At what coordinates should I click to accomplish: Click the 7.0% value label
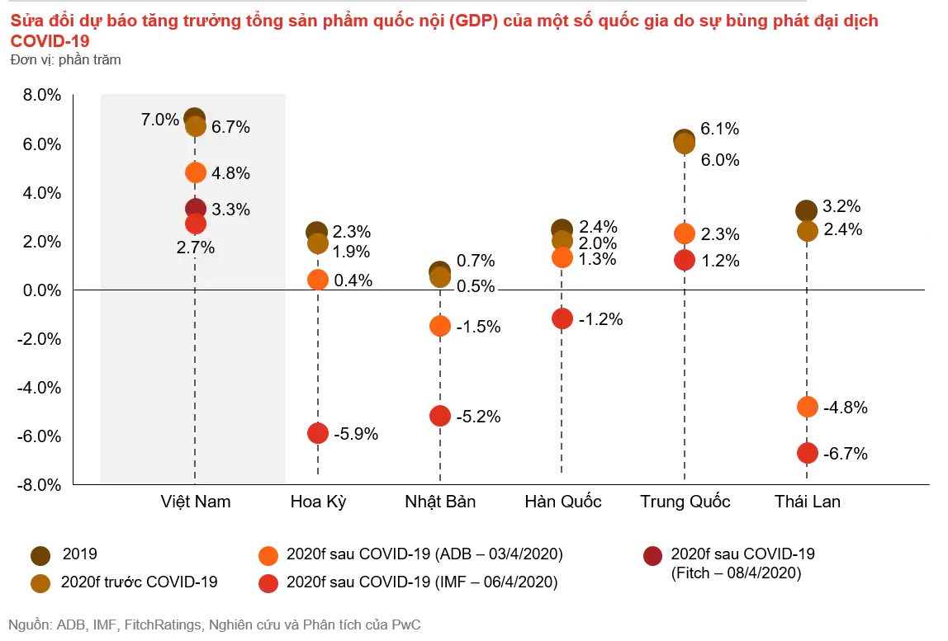click(159, 120)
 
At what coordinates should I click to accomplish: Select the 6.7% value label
click(230, 127)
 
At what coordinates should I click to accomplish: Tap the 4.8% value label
click(230, 173)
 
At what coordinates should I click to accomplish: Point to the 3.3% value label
click(230, 210)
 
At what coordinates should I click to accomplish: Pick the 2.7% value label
click(196, 247)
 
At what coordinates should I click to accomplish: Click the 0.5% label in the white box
click(476, 286)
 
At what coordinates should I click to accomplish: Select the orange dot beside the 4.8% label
click(196, 172)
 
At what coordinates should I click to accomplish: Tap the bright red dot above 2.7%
click(196, 224)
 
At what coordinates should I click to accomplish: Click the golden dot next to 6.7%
click(196, 127)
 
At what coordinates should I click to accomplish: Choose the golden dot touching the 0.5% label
click(440, 277)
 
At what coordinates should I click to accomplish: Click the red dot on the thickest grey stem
click(562, 318)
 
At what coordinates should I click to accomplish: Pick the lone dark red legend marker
click(653, 556)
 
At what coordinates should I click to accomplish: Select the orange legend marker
click(268, 556)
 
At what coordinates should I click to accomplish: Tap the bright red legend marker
click(268, 584)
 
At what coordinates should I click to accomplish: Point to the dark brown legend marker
click(40, 556)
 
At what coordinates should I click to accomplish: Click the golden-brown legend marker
click(40, 584)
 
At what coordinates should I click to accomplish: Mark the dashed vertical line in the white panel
click(195, 371)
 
